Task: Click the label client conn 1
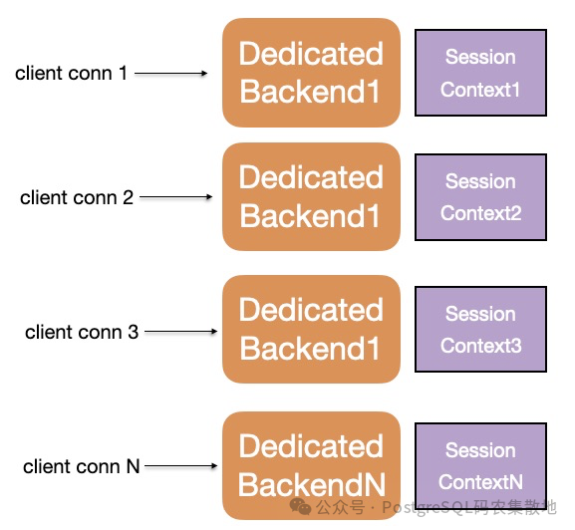pyautogui.click(x=71, y=73)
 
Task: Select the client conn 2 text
pyautogui.click(x=77, y=197)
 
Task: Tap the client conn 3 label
pyautogui.click(x=82, y=332)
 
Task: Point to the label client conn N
pyautogui.click(x=82, y=466)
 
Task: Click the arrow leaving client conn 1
pyautogui.click(x=170, y=74)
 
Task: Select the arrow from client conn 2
pyautogui.click(x=176, y=197)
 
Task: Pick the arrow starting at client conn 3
pyautogui.click(x=181, y=332)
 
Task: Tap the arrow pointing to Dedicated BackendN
pyautogui.click(x=181, y=466)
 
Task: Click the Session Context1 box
pyautogui.click(x=480, y=73)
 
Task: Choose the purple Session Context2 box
pyautogui.click(x=480, y=197)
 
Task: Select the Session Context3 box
pyautogui.click(x=480, y=330)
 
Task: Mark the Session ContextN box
pyautogui.click(x=480, y=465)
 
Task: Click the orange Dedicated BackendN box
pyautogui.click(x=311, y=465)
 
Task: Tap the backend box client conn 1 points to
pyautogui.click(x=311, y=73)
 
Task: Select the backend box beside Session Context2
pyautogui.click(x=311, y=197)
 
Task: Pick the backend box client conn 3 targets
pyautogui.click(x=311, y=329)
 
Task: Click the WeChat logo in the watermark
pyautogui.click(x=300, y=507)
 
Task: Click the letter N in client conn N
pyautogui.click(x=134, y=466)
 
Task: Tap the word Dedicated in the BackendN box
pyautogui.click(x=311, y=446)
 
